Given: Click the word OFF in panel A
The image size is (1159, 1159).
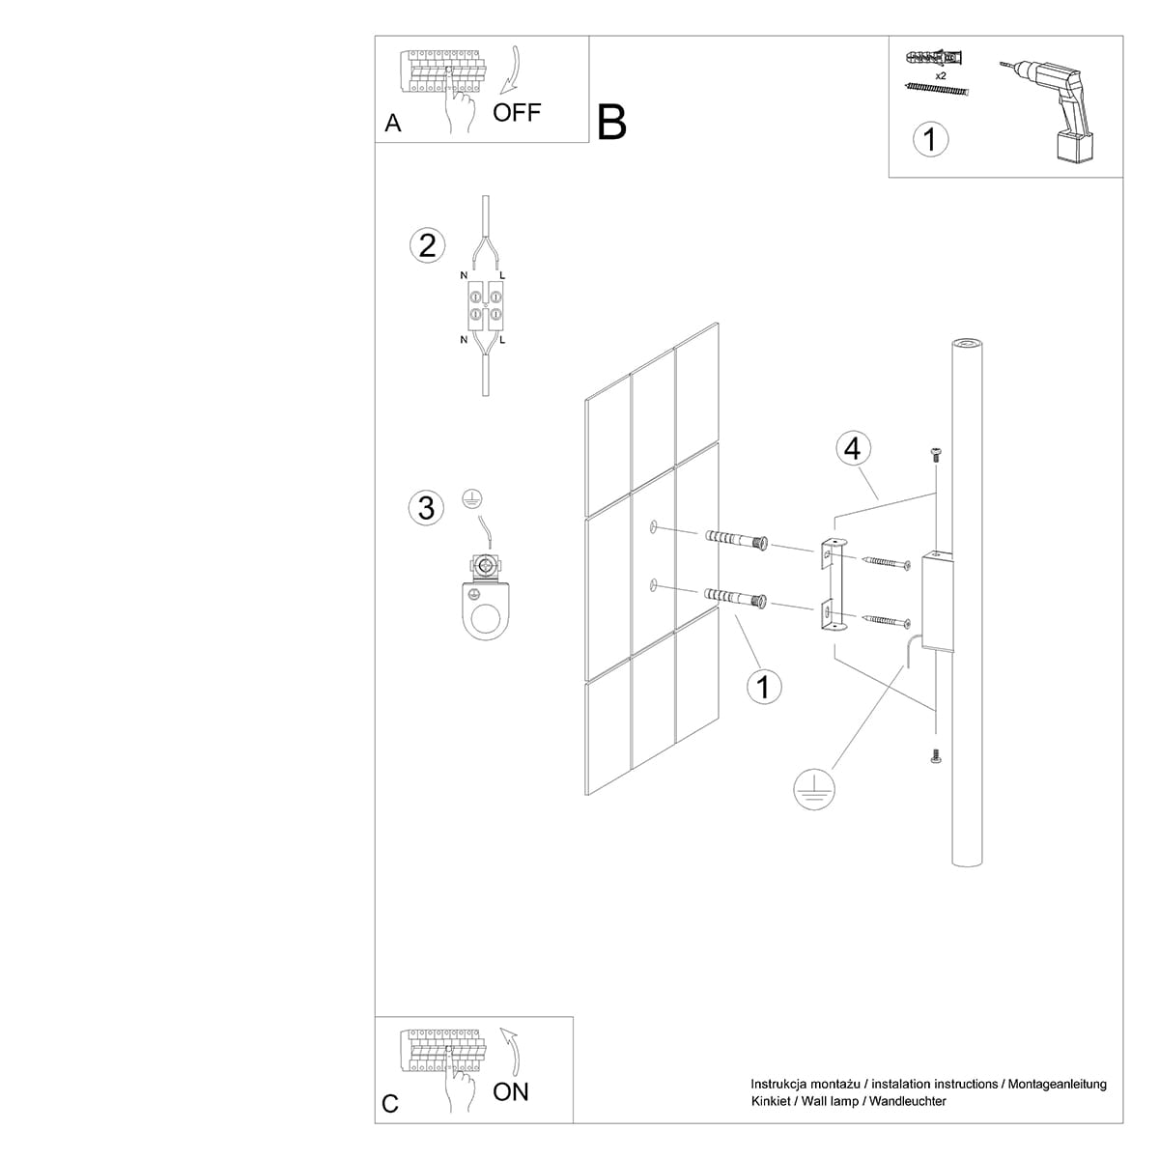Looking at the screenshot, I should point(517,112).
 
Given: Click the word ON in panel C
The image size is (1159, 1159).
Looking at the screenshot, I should point(511,1091).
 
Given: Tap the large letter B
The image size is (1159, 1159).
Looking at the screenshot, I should point(612,123).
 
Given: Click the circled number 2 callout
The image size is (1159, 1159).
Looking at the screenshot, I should point(427,245).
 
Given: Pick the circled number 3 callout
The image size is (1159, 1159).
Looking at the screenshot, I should point(427,507).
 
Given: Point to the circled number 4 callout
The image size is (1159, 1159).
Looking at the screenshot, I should point(852,448).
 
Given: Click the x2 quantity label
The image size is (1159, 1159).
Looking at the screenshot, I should point(940,74).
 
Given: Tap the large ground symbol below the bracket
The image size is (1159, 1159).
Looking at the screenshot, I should point(814,789).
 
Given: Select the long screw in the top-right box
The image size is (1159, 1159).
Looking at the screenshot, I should point(936,90).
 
